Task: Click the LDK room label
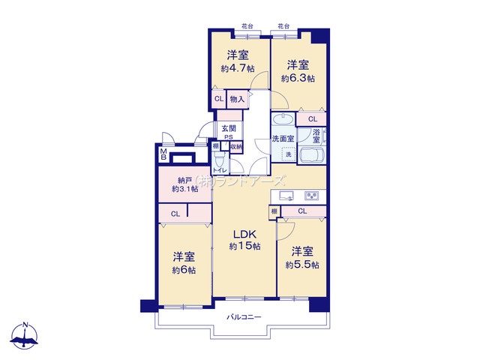pos(244,235)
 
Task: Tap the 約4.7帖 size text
pos(238,68)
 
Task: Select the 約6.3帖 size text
pos(298,78)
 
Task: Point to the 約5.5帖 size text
pos(302,265)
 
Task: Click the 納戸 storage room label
pos(184,180)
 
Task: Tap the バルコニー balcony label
pos(244,316)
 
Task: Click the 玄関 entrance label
pos(229,128)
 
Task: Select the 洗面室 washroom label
pos(283,139)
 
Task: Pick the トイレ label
pos(220,170)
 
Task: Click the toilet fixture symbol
pos(219,158)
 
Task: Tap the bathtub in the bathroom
pos(312,155)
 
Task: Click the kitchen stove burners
pos(312,195)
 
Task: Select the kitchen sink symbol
pos(286,195)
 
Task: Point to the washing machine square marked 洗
pos(288,154)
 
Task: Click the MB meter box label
pos(163,154)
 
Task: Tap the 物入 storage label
pos(237,99)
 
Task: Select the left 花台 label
pos(247,26)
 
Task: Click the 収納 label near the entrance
pos(236,147)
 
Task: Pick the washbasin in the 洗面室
pos(283,119)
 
